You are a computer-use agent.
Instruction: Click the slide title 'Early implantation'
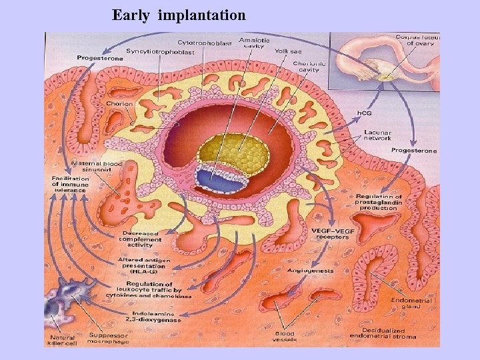pyautogui.click(x=179, y=15)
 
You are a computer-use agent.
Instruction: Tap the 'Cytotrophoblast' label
pyautogui.click(x=205, y=43)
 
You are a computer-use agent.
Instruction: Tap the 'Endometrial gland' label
pyautogui.click(x=408, y=303)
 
